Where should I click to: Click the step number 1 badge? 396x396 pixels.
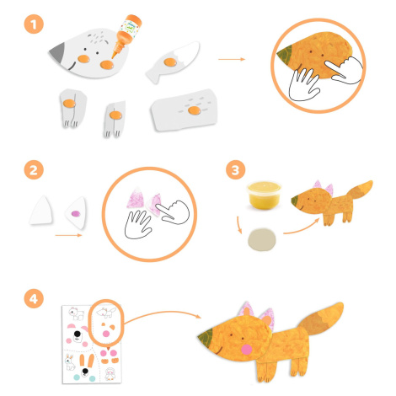click(34, 24)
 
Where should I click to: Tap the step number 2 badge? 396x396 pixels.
click(34, 170)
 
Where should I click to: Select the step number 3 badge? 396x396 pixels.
click(235, 170)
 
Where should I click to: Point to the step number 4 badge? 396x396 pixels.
click(34, 298)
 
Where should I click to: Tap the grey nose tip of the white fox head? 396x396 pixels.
click(57, 53)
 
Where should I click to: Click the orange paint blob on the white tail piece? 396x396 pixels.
click(170, 62)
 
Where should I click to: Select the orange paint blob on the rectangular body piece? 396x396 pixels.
click(194, 110)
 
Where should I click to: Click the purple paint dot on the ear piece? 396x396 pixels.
click(76, 214)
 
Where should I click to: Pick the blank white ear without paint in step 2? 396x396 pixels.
click(41, 211)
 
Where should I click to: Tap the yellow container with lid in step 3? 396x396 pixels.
click(264, 195)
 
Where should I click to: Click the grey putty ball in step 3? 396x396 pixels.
click(262, 239)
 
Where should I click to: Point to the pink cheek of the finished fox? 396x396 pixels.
click(247, 350)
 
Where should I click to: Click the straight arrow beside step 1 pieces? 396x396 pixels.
click(232, 59)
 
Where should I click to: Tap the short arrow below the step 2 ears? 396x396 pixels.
click(68, 235)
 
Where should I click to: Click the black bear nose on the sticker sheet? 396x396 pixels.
click(78, 334)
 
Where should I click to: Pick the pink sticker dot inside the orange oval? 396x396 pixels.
click(106, 334)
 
